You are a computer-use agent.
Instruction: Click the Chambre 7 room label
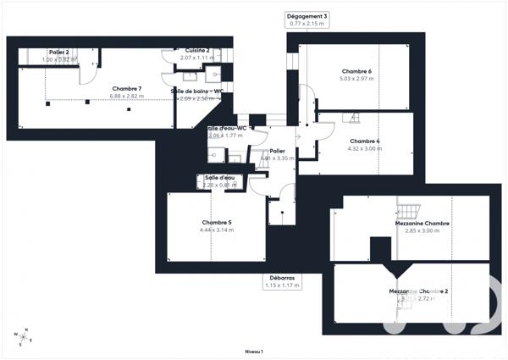pos(127,88)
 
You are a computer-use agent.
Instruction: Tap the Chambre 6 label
pos(356,70)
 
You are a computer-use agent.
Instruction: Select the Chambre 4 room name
pos(365,141)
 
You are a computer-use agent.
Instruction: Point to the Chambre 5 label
pos(216,222)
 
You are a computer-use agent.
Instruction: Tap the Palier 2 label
pos(58,53)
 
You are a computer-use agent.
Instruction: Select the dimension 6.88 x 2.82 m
pos(127,97)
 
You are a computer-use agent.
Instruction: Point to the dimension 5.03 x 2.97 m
pos(356,78)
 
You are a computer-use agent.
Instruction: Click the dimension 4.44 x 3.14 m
pos(216,230)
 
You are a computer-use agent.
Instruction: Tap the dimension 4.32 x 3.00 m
pos(365,149)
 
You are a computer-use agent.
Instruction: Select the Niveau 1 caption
pos(254,351)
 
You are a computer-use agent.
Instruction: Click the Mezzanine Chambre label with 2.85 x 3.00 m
pos(422,223)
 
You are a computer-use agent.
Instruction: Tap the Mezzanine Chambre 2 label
pos(418,291)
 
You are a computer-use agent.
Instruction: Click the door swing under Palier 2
pos(87,75)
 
